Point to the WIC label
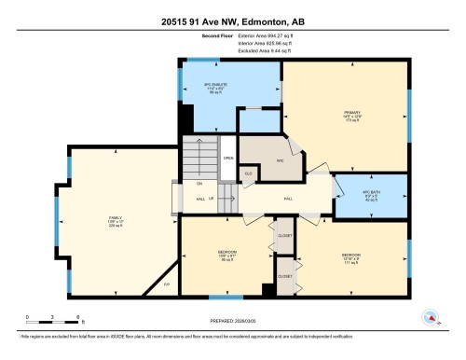click(x=267, y=160)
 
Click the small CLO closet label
click(x=249, y=174)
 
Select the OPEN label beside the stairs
click(x=228, y=159)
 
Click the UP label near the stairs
click(x=211, y=199)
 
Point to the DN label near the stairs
click(x=199, y=183)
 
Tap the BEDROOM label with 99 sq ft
click(x=227, y=256)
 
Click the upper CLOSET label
click(x=285, y=235)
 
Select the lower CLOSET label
click(x=285, y=276)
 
